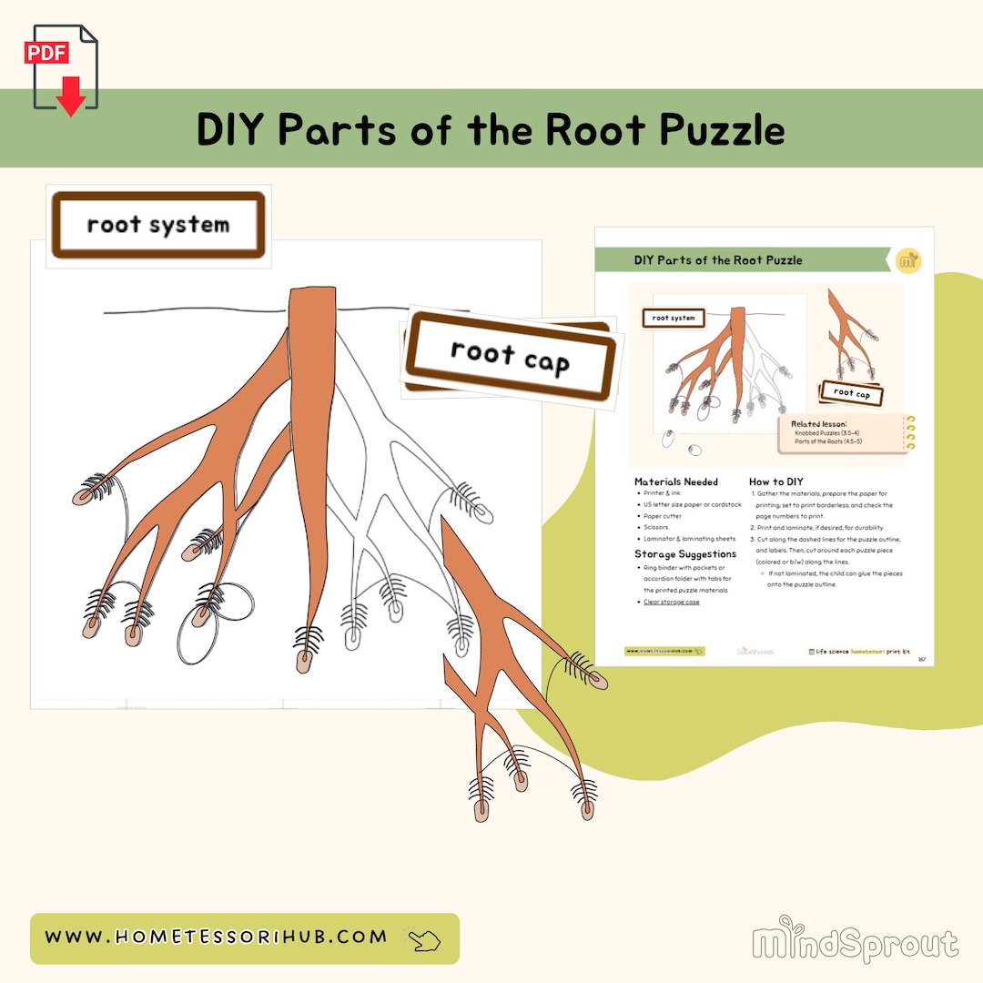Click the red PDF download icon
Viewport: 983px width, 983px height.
coord(66,68)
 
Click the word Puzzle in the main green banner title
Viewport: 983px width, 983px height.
coord(723,130)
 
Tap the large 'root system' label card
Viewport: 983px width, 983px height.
coord(157,225)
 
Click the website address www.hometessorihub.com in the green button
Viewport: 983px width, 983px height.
coord(216,937)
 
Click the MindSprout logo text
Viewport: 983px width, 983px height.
coord(855,944)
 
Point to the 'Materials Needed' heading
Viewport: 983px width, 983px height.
coord(675,481)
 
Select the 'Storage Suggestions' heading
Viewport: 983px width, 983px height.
coord(684,553)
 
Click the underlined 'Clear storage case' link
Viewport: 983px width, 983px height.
coord(672,602)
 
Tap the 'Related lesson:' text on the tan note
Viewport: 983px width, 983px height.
coord(818,424)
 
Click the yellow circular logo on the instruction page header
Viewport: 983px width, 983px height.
coord(907,260)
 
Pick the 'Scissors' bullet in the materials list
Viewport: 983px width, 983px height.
coord(655,527)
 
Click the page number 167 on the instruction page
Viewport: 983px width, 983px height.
coord(921,659)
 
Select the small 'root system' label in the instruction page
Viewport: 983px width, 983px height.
coord(674,319)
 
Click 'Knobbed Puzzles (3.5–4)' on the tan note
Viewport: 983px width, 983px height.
coord(827,433)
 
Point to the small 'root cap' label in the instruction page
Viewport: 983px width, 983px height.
coord(851,393)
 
